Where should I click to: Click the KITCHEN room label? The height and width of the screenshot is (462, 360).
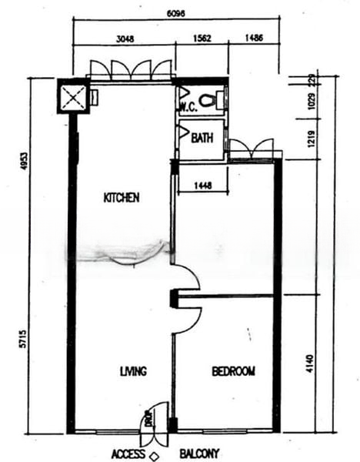(122, 198)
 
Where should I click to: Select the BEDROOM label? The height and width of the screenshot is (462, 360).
(233, 371)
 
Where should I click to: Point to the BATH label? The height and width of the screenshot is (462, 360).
(202, 139)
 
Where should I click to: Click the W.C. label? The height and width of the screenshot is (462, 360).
(189, 108)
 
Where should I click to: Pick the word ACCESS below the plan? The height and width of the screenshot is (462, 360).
(128, 454)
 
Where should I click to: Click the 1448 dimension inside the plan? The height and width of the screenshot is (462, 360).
(202, 185)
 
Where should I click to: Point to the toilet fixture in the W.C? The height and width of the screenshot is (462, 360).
(212, 98)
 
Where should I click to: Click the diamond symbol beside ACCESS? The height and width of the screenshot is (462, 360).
(154, 456)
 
